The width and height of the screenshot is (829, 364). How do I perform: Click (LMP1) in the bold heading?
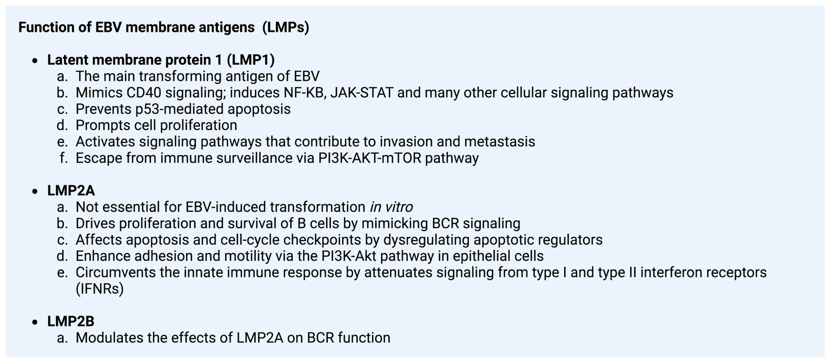click(251, 60)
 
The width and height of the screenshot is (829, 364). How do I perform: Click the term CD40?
click(144, 93)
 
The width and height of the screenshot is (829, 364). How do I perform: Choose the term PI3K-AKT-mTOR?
click(370, 158)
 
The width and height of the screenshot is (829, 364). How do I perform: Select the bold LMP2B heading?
click(71, 321)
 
